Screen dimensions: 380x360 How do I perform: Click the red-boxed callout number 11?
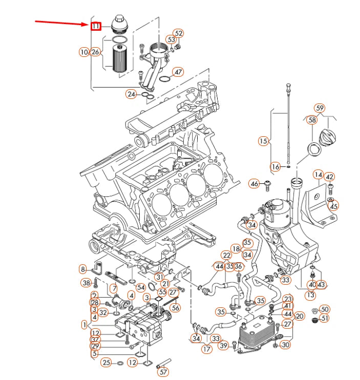[96, 26]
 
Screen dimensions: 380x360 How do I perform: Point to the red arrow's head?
[88, 24]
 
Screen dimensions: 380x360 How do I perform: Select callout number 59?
[320, 108]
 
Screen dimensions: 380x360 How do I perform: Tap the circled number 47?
[178, 72]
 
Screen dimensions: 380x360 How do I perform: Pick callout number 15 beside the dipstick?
[263, 141]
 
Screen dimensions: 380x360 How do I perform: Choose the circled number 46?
[255, 183]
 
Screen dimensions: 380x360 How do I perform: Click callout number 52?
[178, 34]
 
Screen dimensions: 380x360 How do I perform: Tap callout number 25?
[105, 363]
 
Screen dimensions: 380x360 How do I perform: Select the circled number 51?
[325, 319]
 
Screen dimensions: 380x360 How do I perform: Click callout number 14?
[318, 175]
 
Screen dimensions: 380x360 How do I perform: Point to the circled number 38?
[86, 283]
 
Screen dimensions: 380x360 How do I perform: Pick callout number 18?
[236, 249]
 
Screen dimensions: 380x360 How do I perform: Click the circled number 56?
[175, 308]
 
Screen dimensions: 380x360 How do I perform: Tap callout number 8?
[83, 269]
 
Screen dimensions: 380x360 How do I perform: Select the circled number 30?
[286, 345]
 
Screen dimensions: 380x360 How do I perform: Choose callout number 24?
[132, 94]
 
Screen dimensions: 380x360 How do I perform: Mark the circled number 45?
[334, 206]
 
